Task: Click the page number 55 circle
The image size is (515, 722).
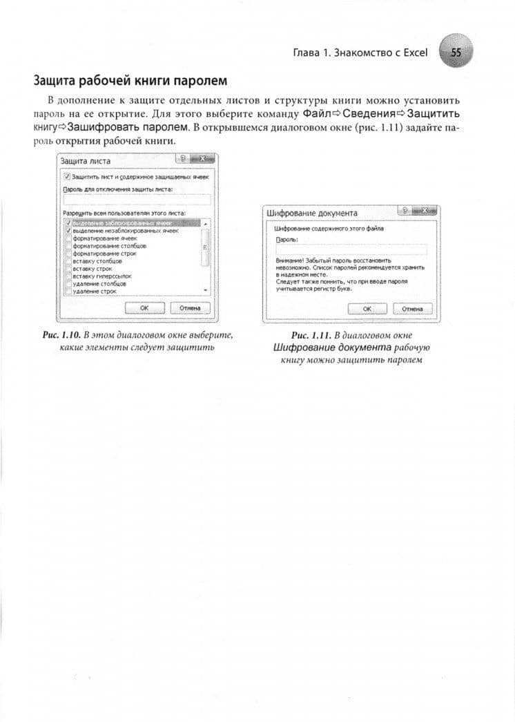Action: click(x=456, y=53)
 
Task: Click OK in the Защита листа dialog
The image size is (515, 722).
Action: click(x=144, y=307)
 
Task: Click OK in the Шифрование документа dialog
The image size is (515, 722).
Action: click(x=367, y=309)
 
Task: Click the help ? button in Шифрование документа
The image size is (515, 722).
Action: click(x=407, y=211)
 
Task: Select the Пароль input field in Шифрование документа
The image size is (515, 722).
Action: click(x=351, y=249)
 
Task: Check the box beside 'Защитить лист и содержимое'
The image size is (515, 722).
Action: click(x=67, y=177)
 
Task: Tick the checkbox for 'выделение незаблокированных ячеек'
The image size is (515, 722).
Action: click(x=68, y=231)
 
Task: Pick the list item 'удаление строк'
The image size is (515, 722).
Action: click(x=94, y=292)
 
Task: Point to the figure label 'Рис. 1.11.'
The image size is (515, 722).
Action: click(x=310, y=335)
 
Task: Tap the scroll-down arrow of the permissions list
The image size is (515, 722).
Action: click(x=205, y=291)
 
